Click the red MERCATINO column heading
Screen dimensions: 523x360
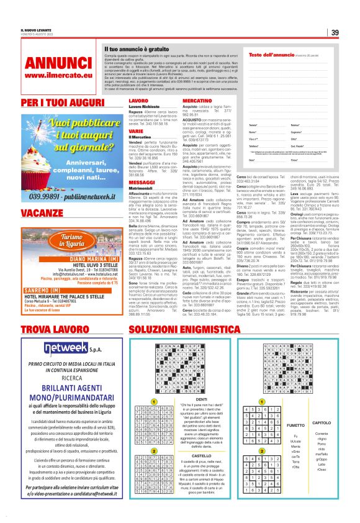point(197,100)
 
